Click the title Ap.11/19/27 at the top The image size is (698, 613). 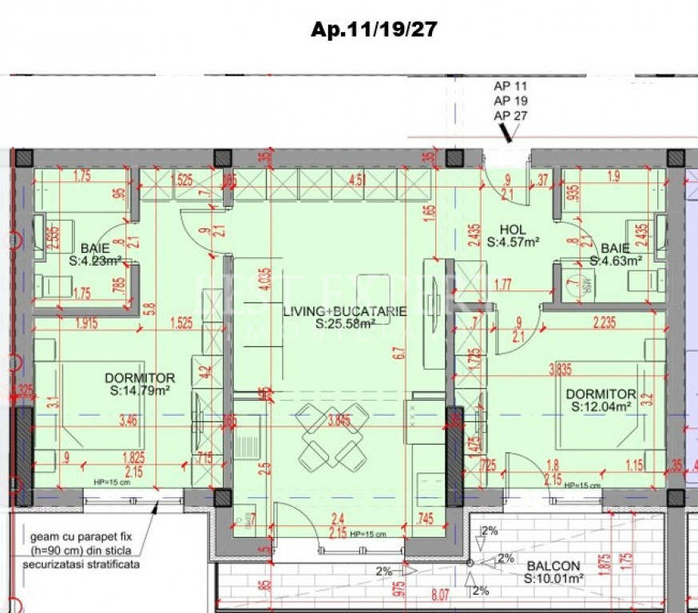point(374,30)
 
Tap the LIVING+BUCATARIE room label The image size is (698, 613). point(344,311)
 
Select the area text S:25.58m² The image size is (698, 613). point(346,324)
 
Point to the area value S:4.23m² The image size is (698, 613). point(95,260)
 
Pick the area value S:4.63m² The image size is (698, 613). point(616,260)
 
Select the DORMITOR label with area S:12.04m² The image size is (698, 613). point(601,394)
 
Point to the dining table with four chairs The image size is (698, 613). point(331,436)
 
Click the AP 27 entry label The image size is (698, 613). point(510,116)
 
